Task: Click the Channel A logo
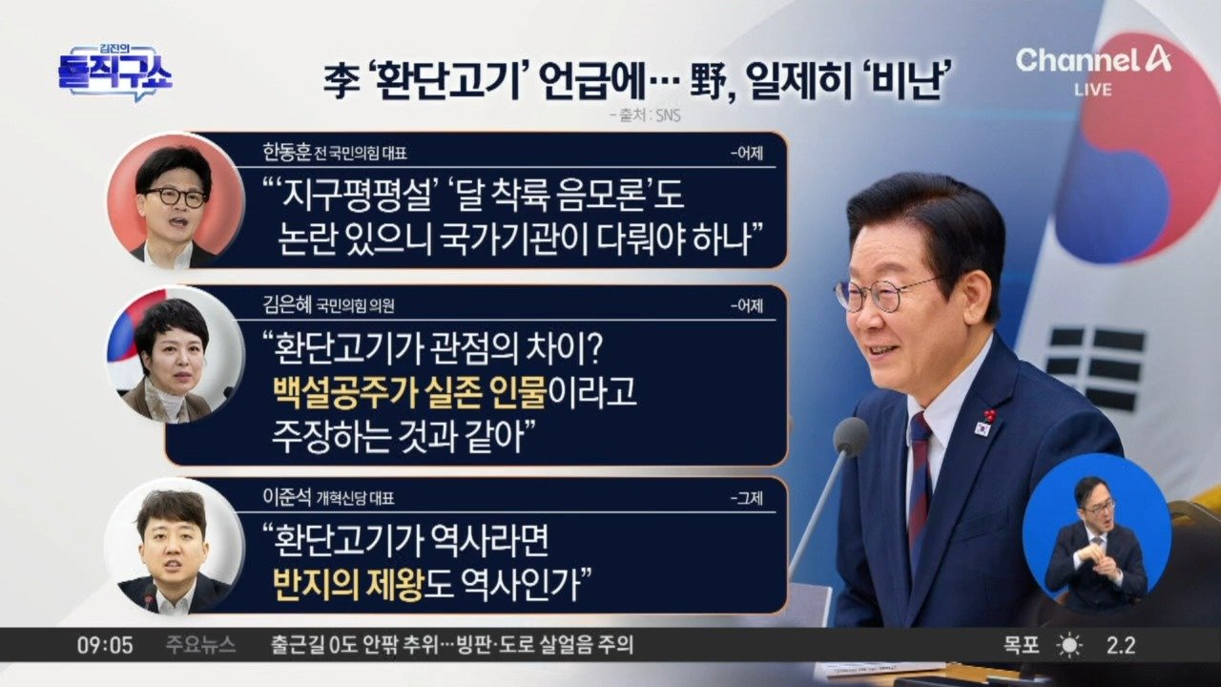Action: click(x=1093, y=61)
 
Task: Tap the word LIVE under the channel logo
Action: click(x=1093, y=90)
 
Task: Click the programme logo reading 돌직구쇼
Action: click(x=114, y=73)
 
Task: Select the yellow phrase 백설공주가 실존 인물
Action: click(x=409, y=392)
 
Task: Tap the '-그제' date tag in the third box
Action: click(x=747, y=498)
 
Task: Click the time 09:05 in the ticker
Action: click(x=105, y=646)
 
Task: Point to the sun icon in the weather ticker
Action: click(x=1069, y=646)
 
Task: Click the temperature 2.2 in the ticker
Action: click(x=1121, y=646)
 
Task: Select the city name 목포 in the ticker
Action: click(x=1022, y=646)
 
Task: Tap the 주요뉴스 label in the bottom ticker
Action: click(x=201, y=646)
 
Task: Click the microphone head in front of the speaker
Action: click(x=850, y=436)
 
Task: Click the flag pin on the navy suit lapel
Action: click(x=982, y=427)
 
